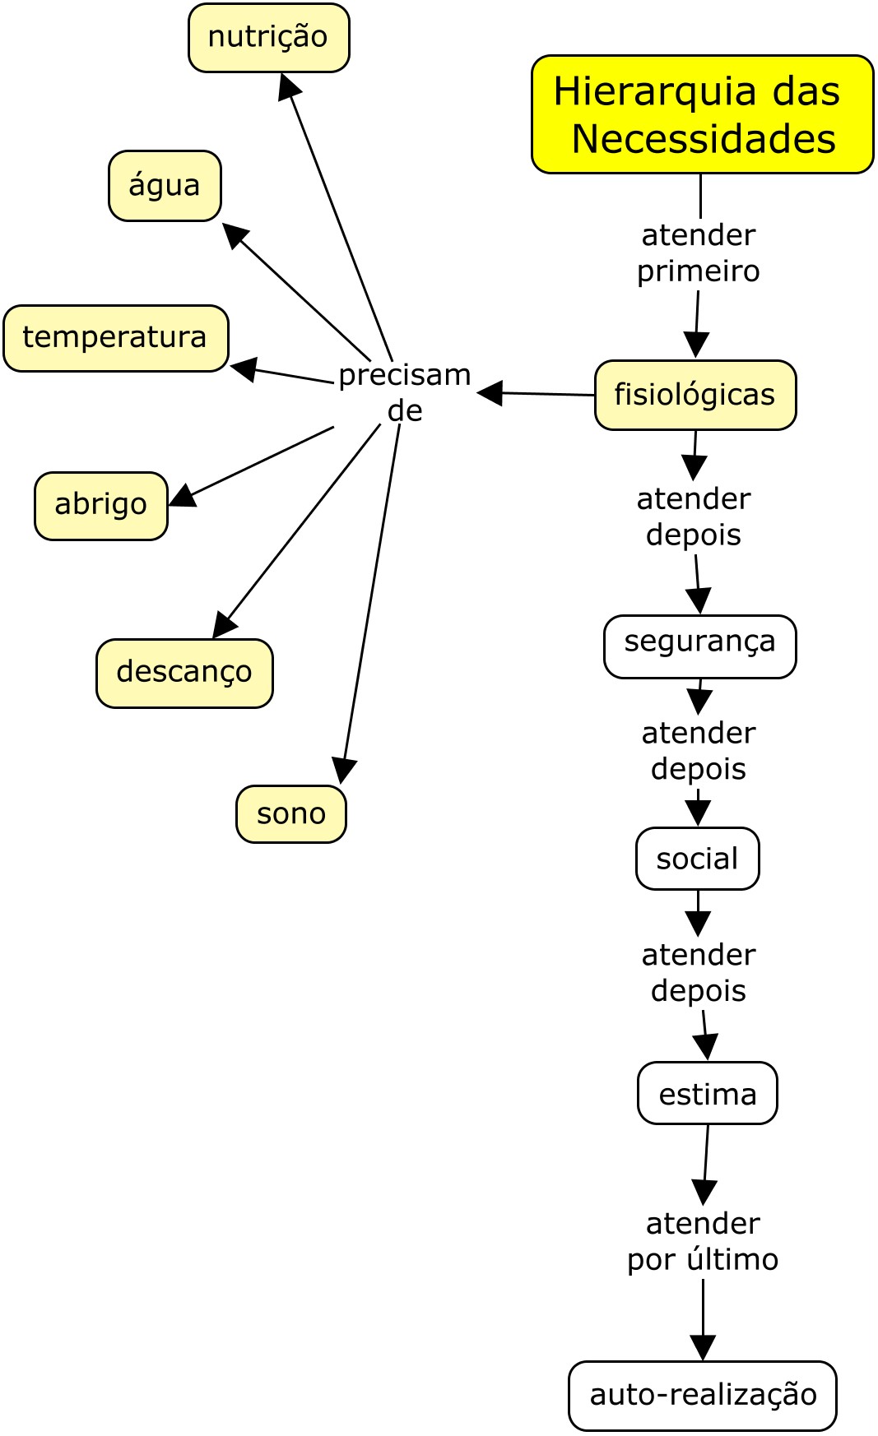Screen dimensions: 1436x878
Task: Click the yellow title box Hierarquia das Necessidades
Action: click(702, 114)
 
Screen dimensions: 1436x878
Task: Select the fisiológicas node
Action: click(695, 395)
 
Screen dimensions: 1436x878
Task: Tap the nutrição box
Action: click(268, 38)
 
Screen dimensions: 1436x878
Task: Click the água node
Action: click(165, 186)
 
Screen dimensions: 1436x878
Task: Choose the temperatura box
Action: click(115, 338)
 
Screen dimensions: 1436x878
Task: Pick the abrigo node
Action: click(100, 505)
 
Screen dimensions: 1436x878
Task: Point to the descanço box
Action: click(184, 673)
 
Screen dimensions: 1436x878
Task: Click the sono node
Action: click(290, 814)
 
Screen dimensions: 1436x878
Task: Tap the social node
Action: click(697, 859)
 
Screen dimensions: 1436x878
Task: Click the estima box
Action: click(707, 1093)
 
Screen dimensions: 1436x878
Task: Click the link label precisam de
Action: click(405, 392)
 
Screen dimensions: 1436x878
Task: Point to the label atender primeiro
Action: click(698, 253)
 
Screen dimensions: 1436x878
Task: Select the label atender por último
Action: click(703, 1241)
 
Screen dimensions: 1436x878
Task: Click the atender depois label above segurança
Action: click(694, 516)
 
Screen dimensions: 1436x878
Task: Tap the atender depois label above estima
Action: click(699, 972)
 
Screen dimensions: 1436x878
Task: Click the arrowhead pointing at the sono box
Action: click(342, 771)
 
